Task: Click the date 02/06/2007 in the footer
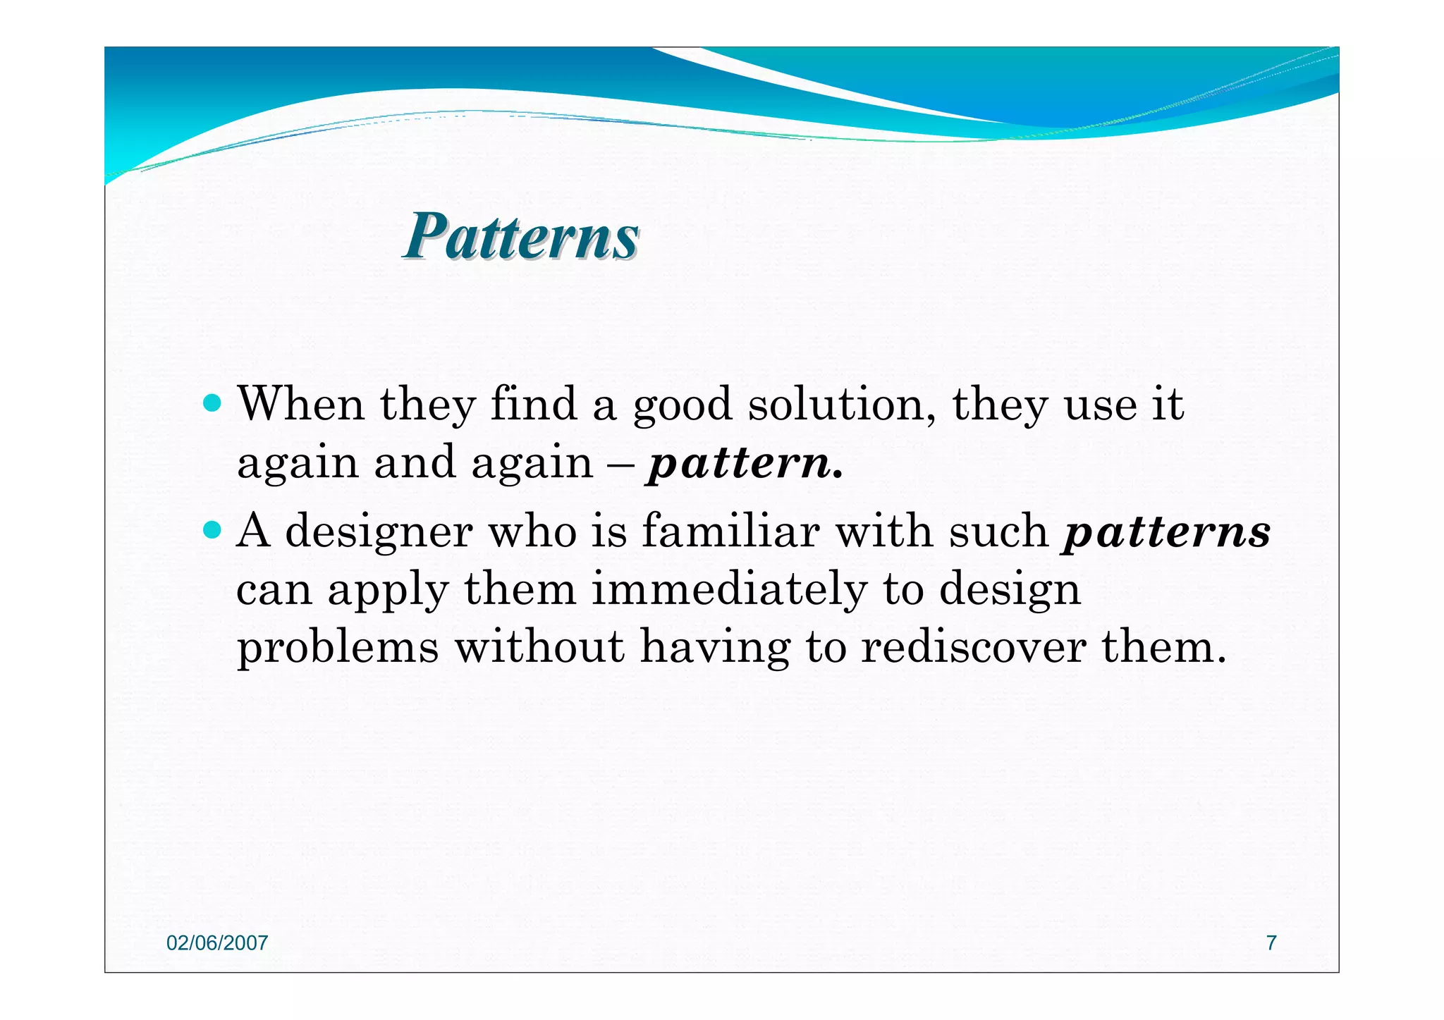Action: pyautogui.click(x=217, y=943)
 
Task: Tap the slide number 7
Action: pyautogui.click(x=1271, y=943)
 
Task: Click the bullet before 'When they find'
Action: pyautogui.click(x=212, y=404)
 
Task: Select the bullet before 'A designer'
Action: pyautogui.click(x=212, y=529)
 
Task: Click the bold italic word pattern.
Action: pyautogui.click(x=744, y=465)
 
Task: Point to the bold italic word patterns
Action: pyautogui.click(x=1167, y=532)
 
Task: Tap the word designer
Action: pyautogui.click(x=379, y=532)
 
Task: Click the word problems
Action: pyautogui.click(x=338, y=648)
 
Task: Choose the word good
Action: pyautogui.click(x=682, y=407)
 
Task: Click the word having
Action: pyautogui.click(x=715, y=648)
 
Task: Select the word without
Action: pyautogui.click(x=539, y=646)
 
